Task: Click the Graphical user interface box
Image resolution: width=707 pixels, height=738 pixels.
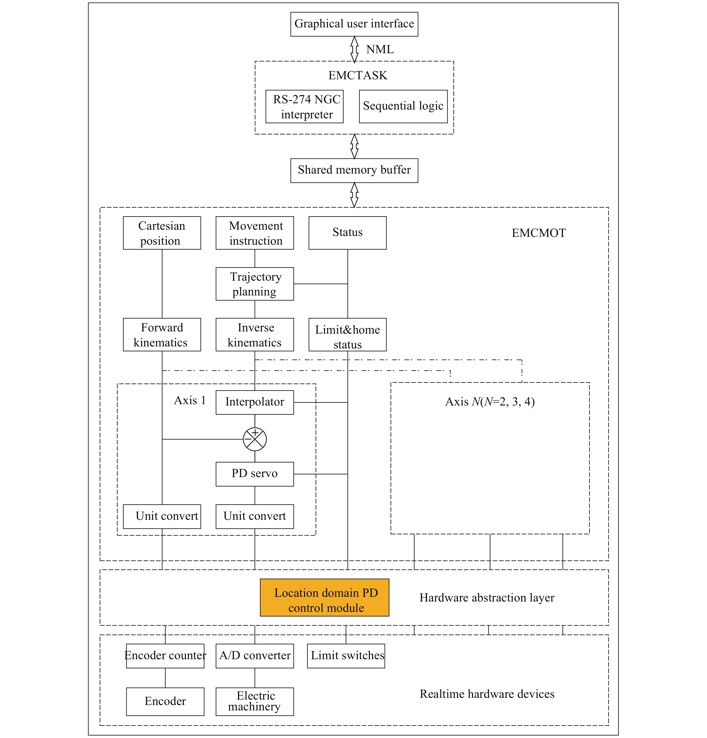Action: click(x=354, y=24)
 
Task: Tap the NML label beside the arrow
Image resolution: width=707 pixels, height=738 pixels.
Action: click(x=380, y=49)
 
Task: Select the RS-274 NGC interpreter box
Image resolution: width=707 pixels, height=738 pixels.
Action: click(x=304, y=107)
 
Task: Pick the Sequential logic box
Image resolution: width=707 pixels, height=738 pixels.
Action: click(x=403, y=107)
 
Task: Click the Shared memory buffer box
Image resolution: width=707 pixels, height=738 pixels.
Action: click(x=354, y=171)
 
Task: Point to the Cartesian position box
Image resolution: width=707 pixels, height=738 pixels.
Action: click(x=162, y=233)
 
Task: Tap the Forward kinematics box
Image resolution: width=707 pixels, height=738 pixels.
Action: click(x=162, y=335)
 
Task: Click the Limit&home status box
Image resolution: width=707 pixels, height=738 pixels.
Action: click(x=347, y=335)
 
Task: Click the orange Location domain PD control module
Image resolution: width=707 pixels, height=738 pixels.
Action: click(x=325, y=597)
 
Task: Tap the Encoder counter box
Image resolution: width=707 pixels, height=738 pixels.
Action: click(x=165, y=656)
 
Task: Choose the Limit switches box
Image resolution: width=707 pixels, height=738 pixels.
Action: click(x=346, y=656)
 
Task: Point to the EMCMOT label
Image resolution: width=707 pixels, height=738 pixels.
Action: click(x=538, y=233)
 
